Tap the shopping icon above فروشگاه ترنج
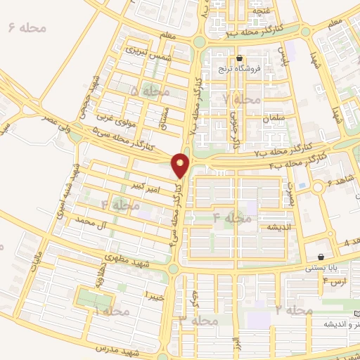240,58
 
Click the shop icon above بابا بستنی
321,257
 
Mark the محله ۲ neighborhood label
293,310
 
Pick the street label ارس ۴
335,282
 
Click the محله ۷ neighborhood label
235,99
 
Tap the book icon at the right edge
356,311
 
